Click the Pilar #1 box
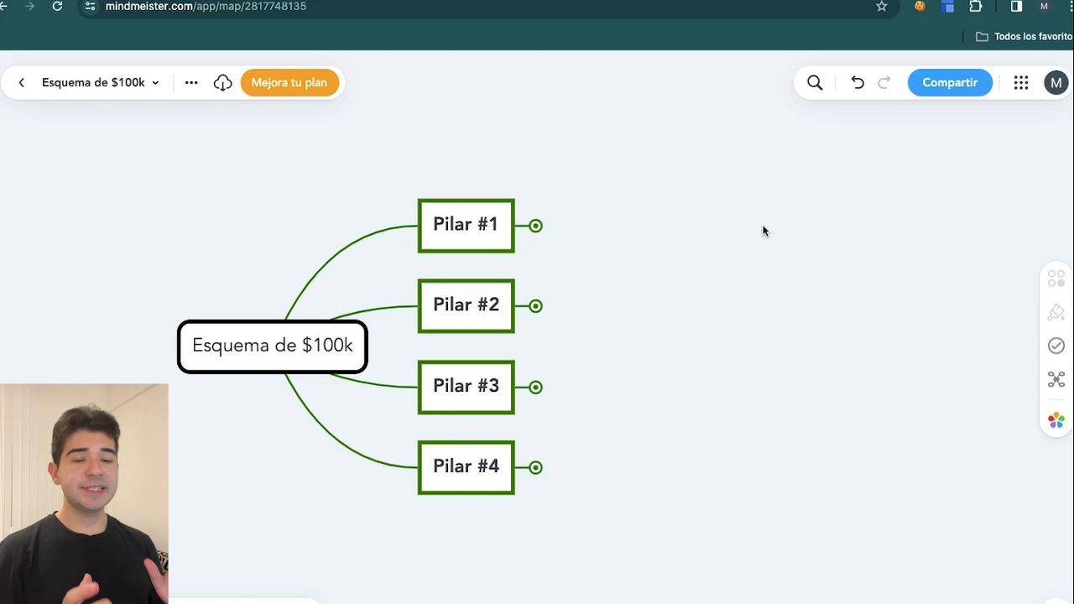click(x=466, y=226)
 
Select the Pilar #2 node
click(x=466, y=306)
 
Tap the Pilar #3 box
click(x=466, y=387)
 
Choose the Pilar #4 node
click(x=466, y=467)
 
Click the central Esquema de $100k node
click(x=273, y=346)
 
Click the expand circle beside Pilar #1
click(x=535, y=226)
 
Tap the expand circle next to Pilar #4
click(x=535, y=467)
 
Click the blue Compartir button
click(x=949, y=82)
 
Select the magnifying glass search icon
click(x=815, y=82)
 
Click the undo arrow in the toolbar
click(x=857, y=82)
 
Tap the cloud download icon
click(x=222, y=82)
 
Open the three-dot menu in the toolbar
click(x=191, y=82)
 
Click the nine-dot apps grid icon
click(x=1021, y=82)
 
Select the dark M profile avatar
click(x=1056, y=82)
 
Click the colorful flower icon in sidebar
click(x=1056, y=420)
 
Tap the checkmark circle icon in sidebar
click(x=1056, y=346)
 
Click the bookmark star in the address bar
click(x=881, y=6)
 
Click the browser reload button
click(x=57, y=6)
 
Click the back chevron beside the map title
click(x=22, y=82)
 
